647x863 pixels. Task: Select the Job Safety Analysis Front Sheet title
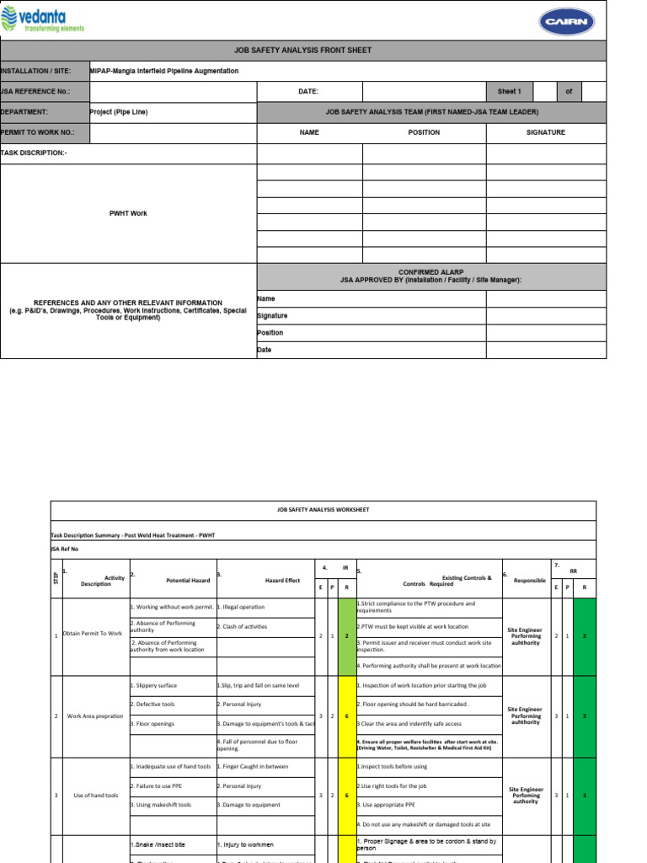click(302, 51)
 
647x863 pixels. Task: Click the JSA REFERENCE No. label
click(35, 92)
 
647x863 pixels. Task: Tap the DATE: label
click(308, 92)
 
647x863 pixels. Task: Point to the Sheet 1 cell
click(510, 92)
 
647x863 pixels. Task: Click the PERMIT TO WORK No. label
click(38, 132)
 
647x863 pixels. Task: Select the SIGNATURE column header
click(546, 132)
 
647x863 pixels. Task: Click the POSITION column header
click(424, 132)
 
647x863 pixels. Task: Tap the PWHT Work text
click(128, 213)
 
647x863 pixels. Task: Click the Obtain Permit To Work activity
click(94, 635)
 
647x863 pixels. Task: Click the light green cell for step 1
click(346, 635)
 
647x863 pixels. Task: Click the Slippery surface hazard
click(153, 685)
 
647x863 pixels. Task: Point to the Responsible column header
click(529, 581)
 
